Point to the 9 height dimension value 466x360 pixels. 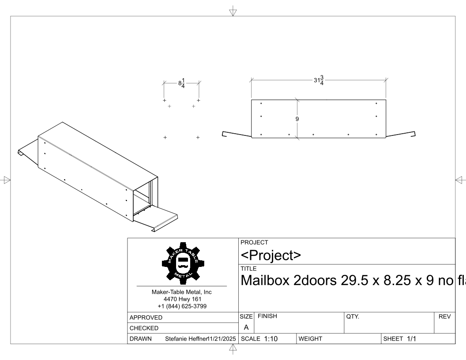[297, 119]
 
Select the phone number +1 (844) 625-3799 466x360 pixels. [182, 306]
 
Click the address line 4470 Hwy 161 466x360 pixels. [182, 299]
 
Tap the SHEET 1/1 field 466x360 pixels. [399, 339]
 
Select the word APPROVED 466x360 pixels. [146, 318]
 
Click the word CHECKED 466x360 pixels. [144, 328]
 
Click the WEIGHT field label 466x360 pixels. [310, 339]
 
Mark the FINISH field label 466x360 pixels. [267, 316]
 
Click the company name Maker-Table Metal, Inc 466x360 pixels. [182, 292]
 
